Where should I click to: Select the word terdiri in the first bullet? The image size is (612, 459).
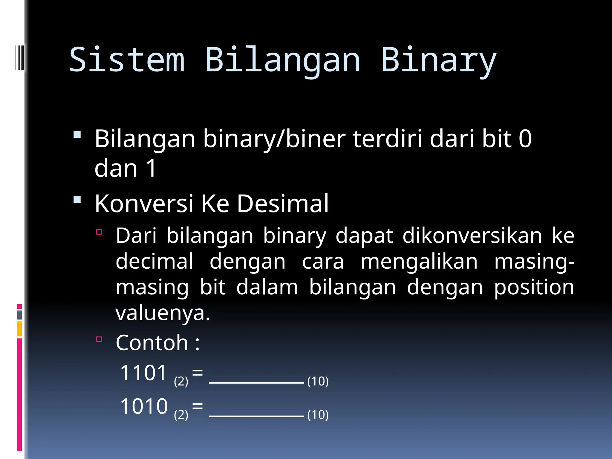[x=388, y=139]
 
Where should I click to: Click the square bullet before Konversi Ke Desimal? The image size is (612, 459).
[x=77, y=199]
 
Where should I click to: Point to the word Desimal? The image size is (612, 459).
[x=283, y=204]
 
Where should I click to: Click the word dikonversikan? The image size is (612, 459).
[x=472, y=236]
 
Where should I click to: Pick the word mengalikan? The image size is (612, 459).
[x=419, y=262]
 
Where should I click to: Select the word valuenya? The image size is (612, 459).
[x=163, y=314]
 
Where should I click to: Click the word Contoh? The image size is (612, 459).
[x=152, y=343]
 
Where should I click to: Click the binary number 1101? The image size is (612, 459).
[x=143, y=373]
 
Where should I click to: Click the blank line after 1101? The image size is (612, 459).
[x=256, y=382]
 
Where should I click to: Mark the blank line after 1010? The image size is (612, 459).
[x=256, y=415]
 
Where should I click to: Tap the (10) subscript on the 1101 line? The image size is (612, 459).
[x=318, y=382]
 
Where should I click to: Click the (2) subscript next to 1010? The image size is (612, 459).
[x=181, y=415]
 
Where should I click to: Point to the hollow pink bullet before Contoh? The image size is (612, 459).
[x=99, y=339]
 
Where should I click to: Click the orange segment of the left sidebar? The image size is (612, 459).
[x=19, y=329]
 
